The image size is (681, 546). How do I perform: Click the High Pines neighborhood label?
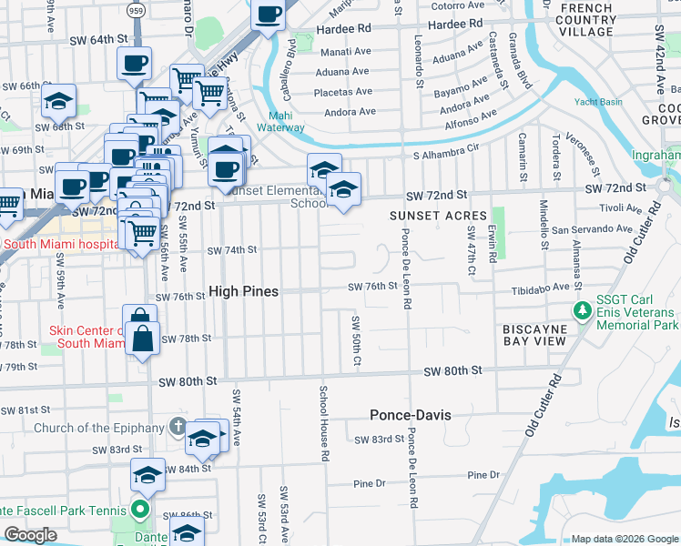243,291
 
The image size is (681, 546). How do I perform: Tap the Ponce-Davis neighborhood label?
411,415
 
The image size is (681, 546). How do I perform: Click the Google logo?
30,535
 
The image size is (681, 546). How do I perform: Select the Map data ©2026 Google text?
624,539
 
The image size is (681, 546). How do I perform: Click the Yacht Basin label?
597,102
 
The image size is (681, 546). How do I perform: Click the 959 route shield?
137,10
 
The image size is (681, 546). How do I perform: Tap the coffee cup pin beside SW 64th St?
135,63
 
